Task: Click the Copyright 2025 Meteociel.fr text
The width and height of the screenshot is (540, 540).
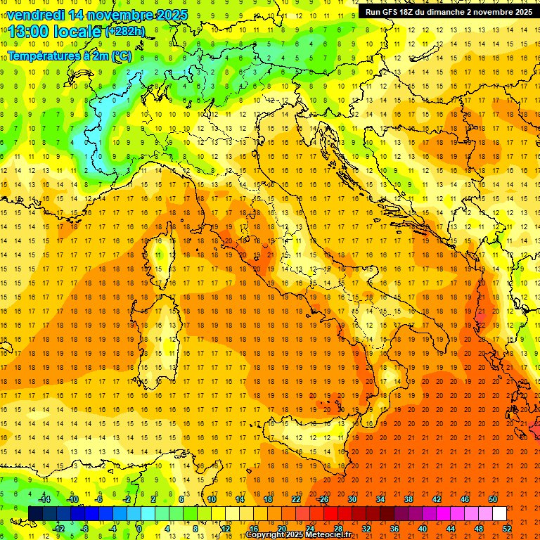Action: pos(298,535)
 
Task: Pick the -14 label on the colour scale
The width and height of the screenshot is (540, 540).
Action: pos(45,499)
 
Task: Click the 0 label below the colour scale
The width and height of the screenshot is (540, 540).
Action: pos(139,528)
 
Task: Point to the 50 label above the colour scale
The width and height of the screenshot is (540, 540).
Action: pos(493,499)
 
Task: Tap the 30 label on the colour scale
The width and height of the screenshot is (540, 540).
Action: pos(352,499)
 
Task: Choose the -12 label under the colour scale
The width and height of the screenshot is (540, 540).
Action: pos(59,528)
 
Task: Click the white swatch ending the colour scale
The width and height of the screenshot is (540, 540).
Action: pos(500,513)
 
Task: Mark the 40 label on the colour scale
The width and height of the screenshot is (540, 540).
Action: pos(423,528)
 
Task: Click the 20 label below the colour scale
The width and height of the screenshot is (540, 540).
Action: pos(282,528)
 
